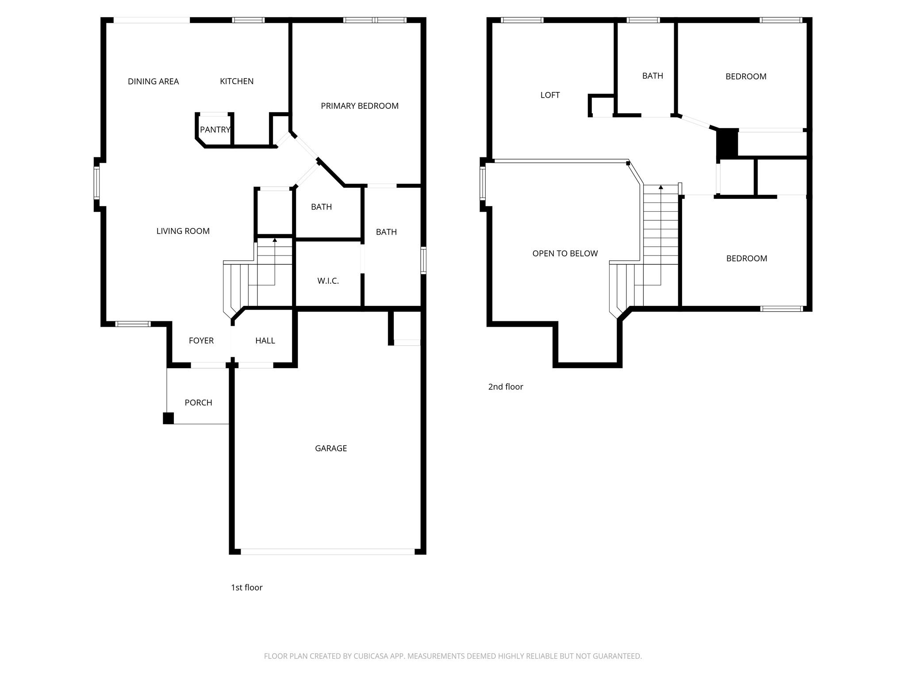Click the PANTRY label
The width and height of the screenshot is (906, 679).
(x=215, y=130)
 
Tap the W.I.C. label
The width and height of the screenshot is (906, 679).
(x=328, y=281)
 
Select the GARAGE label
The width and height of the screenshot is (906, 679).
(x=330, y=448)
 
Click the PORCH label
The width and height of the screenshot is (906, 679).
(x=198, y=402)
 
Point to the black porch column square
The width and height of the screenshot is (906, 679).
(x=168, y=418)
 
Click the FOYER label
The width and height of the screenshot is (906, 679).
(x=201, y=340)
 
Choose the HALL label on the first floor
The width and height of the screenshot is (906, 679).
(x=265, y=340)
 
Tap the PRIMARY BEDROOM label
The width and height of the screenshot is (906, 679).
(x=359, y=106)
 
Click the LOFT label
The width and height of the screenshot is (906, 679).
(x=550, y=95)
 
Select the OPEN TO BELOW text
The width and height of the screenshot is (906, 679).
(x=564, y=253)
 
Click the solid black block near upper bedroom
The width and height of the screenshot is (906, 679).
(x=727, y=143)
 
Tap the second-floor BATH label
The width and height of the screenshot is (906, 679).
(x=652, y=76)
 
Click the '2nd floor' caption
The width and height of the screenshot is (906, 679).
(x=505, y=387)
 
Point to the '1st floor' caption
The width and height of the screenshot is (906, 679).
(x=246, y=587)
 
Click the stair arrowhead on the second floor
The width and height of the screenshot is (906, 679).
(x=660, y=187)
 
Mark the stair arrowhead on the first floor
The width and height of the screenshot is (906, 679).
(x=275, y=240)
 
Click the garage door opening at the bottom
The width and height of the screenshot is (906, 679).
(x=327, y=552)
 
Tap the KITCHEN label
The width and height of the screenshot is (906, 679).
(x=237, y=81)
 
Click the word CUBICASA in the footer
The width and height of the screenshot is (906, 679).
(x=371, y=656)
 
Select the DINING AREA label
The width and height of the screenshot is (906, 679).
(x=153, y=81)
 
